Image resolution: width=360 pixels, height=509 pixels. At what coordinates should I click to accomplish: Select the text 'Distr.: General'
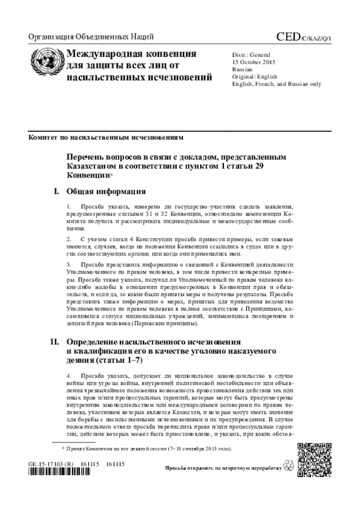tap(251, 54)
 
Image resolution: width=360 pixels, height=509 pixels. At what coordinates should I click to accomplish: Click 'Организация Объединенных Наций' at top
tap(91, 38)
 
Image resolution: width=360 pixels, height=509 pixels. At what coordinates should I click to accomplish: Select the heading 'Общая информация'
tap(106, 191)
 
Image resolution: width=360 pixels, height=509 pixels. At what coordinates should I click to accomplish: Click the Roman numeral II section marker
tap(55, 341)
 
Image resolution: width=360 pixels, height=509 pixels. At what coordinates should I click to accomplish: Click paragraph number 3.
tap(69, 264)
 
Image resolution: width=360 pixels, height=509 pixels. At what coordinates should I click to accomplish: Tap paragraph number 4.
tap(69, 375)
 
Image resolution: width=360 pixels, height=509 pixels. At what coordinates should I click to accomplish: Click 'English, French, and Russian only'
tap(277, 83)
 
